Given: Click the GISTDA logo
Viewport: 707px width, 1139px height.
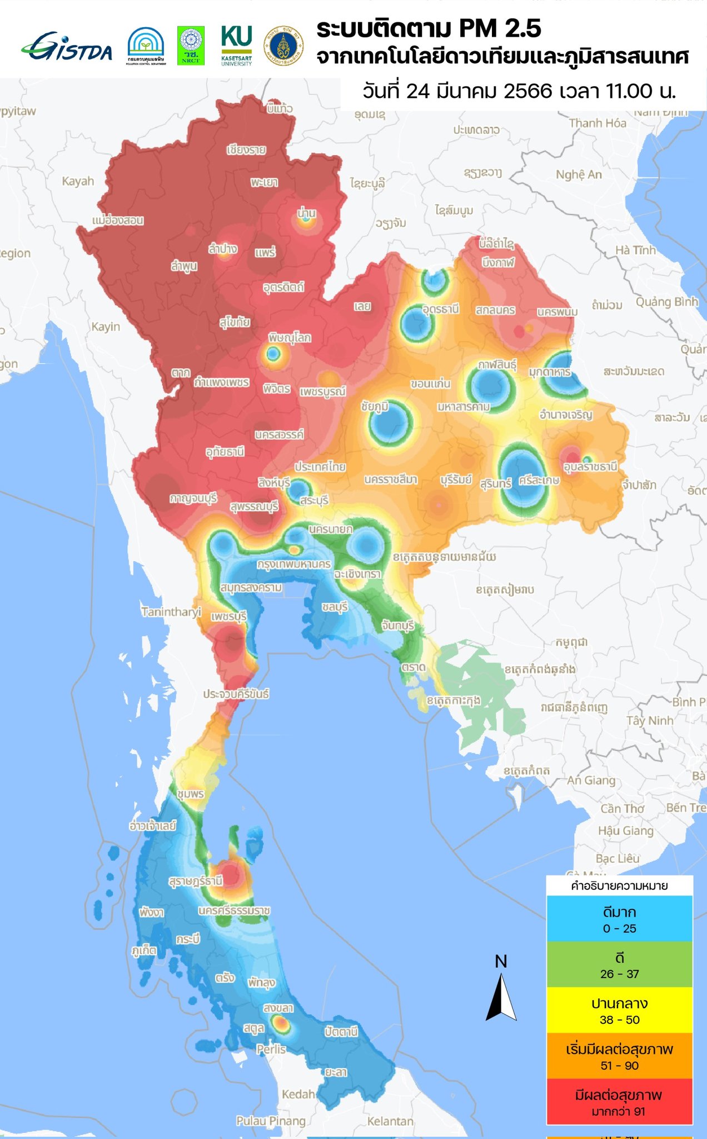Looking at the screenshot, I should (67, 47).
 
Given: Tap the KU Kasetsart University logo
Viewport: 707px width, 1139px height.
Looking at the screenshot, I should (236, 45).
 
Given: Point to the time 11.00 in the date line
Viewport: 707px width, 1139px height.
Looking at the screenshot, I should (622, 91).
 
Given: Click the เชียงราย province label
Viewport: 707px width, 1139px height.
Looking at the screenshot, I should (246, 150).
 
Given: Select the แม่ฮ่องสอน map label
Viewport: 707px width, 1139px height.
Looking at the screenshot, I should (118, 220).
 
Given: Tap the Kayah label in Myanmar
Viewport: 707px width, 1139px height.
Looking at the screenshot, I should (78, 181).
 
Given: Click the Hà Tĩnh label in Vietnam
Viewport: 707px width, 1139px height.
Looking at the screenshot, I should (635, 250).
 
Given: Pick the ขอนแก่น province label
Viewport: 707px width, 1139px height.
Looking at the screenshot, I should (430, 384).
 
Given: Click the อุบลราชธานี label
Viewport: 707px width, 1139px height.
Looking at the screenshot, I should (590, 467).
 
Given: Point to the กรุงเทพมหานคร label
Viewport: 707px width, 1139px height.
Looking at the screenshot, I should (293, 564).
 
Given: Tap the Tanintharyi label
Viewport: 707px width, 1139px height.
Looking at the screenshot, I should (171, 612).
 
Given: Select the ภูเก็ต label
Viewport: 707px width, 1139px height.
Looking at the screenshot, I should (143, 950).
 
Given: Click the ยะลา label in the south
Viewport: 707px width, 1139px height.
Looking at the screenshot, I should (336, 1072).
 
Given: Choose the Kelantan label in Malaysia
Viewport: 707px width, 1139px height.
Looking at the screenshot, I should (390, 1121).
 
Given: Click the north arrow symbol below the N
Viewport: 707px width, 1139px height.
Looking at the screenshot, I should (501, 998).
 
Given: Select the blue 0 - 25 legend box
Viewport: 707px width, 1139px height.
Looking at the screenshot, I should (619, 919).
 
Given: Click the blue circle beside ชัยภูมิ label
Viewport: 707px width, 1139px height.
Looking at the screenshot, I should (390, 422).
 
